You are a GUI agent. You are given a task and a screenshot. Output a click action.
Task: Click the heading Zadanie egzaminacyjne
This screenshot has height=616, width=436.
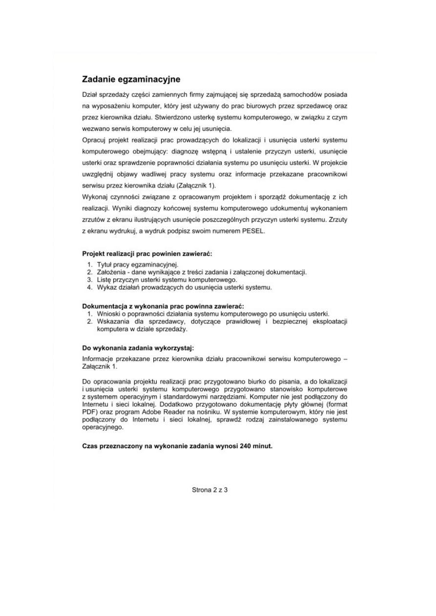(x=131, y=79)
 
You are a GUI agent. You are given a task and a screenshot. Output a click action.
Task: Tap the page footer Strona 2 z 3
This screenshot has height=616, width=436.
(x=209, y=490)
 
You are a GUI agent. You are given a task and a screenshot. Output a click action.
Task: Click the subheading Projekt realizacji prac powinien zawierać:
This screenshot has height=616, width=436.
(x=146, y=254)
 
